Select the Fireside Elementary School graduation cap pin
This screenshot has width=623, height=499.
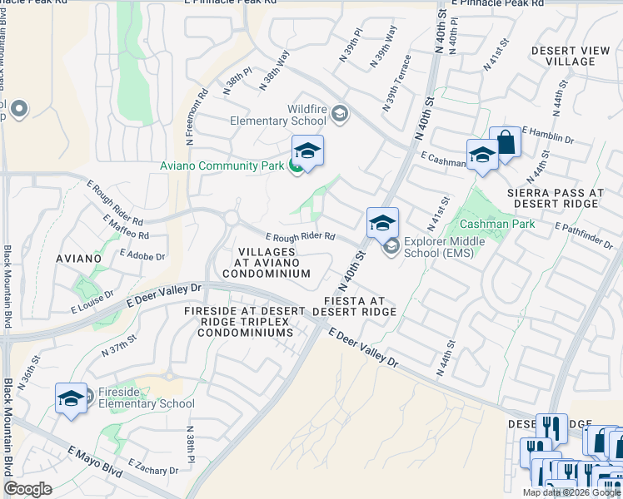tap(71, 398)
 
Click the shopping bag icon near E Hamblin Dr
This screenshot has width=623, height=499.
tap(505, 141)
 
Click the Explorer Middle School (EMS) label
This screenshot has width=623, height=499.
tap(438, 248)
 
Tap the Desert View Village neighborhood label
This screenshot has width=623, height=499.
tap(575, 56)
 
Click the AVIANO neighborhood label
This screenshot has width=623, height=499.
tap(79, 259)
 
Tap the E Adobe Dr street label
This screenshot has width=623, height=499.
tap(142, 254)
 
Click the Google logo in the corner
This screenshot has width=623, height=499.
tap(28, 489)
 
